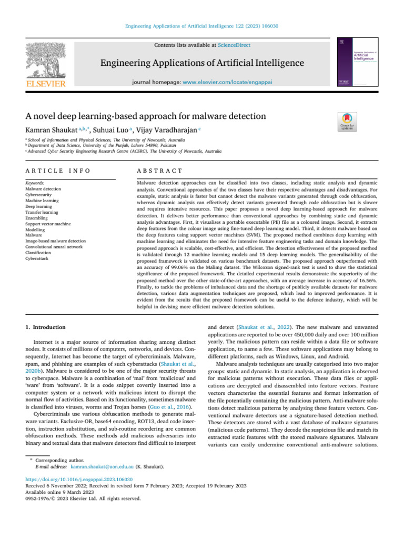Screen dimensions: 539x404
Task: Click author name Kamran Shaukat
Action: point(50,129)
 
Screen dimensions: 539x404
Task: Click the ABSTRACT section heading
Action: point(159,171)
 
